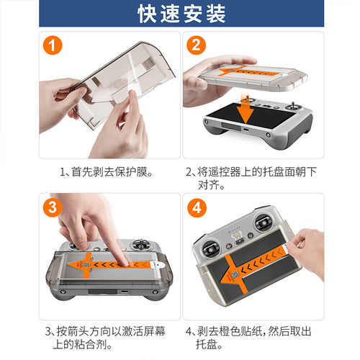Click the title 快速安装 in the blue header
click(180, 14)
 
